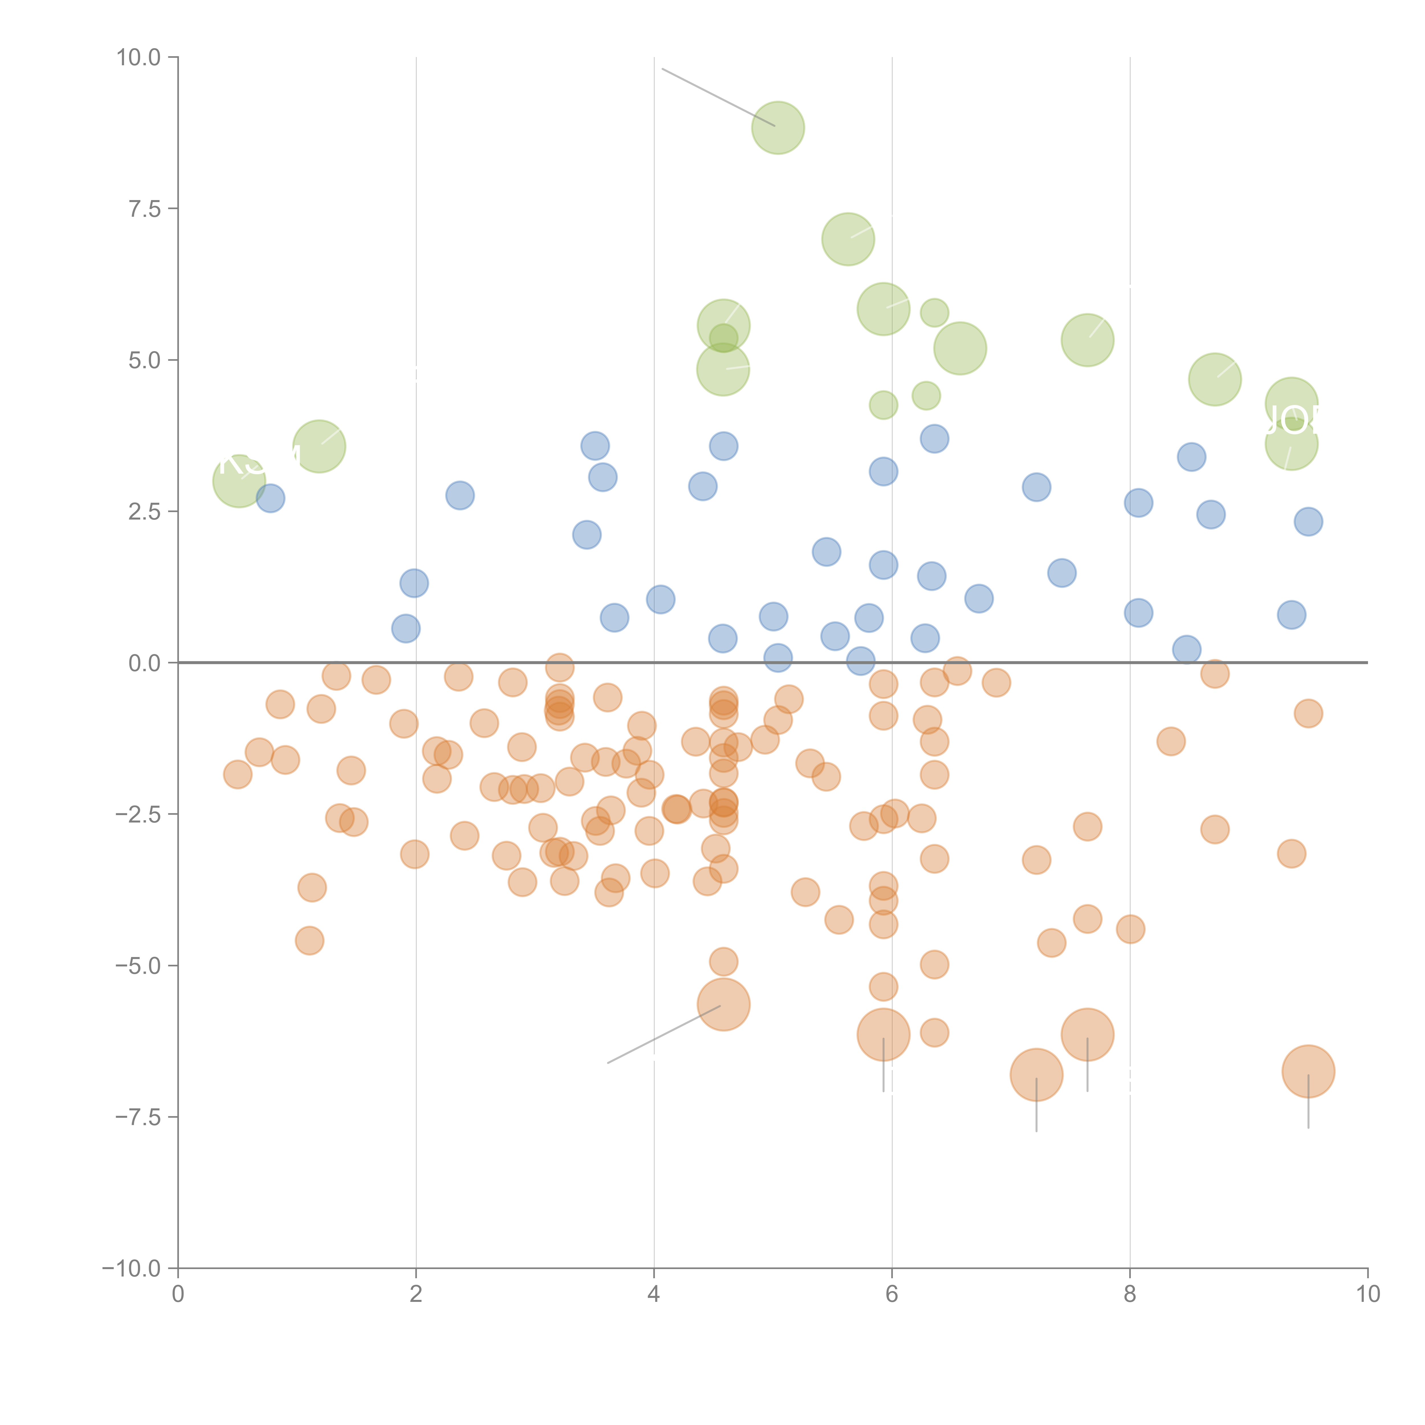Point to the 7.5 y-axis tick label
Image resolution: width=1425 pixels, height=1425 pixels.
(x=144, y=209)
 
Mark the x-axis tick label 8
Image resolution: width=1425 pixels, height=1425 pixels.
(x=1130, y=1294)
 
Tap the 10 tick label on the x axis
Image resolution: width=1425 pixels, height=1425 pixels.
(x=1367, y=1294)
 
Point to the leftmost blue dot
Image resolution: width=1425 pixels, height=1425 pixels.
(x=271, y=498)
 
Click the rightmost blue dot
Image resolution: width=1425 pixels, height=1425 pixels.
(x=1308, y=522)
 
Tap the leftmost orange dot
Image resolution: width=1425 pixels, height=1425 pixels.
(x=237, y=774)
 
